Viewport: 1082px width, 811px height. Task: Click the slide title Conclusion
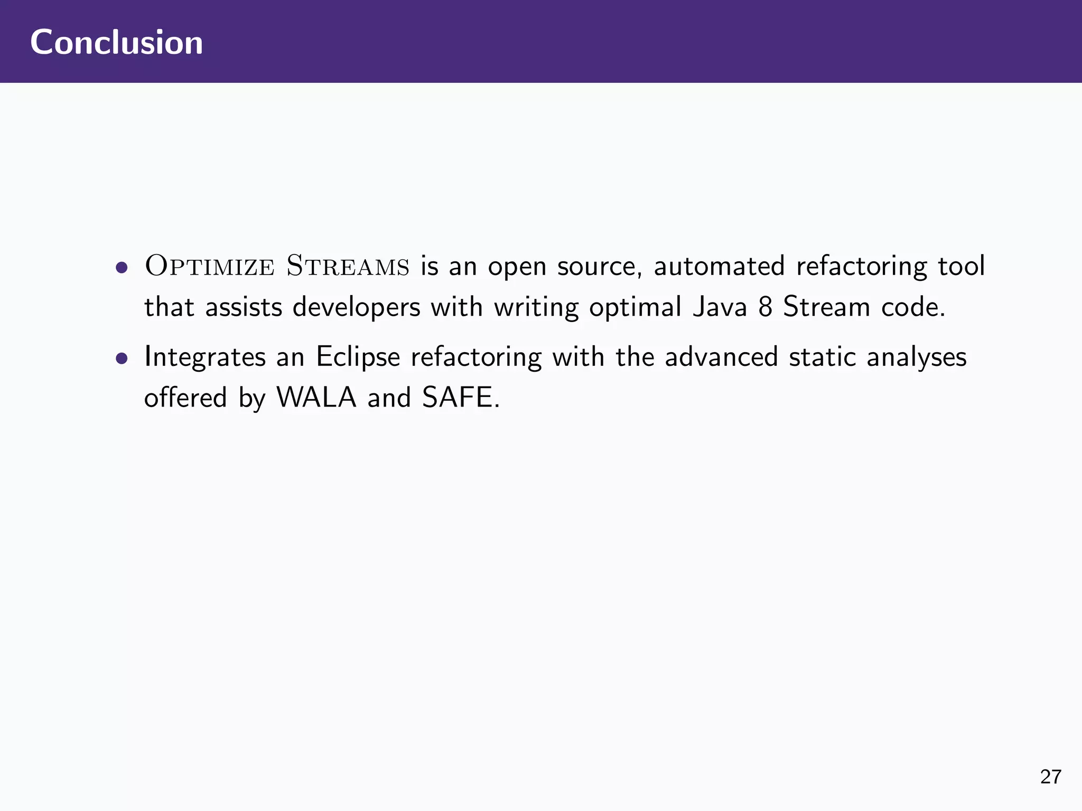coord(116,42)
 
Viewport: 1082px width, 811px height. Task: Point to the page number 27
coord(1050,777)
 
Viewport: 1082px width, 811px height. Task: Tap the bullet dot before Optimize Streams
coord(122,267)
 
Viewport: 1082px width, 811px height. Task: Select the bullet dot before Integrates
coord(122,359)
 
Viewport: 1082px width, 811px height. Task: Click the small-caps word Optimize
coord(210,266)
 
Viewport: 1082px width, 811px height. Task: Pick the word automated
coord(719,266)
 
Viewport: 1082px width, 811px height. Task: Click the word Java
coord(720,307)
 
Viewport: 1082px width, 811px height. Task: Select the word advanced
coord(721,357)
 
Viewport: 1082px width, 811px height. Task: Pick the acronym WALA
coord(316,398)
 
